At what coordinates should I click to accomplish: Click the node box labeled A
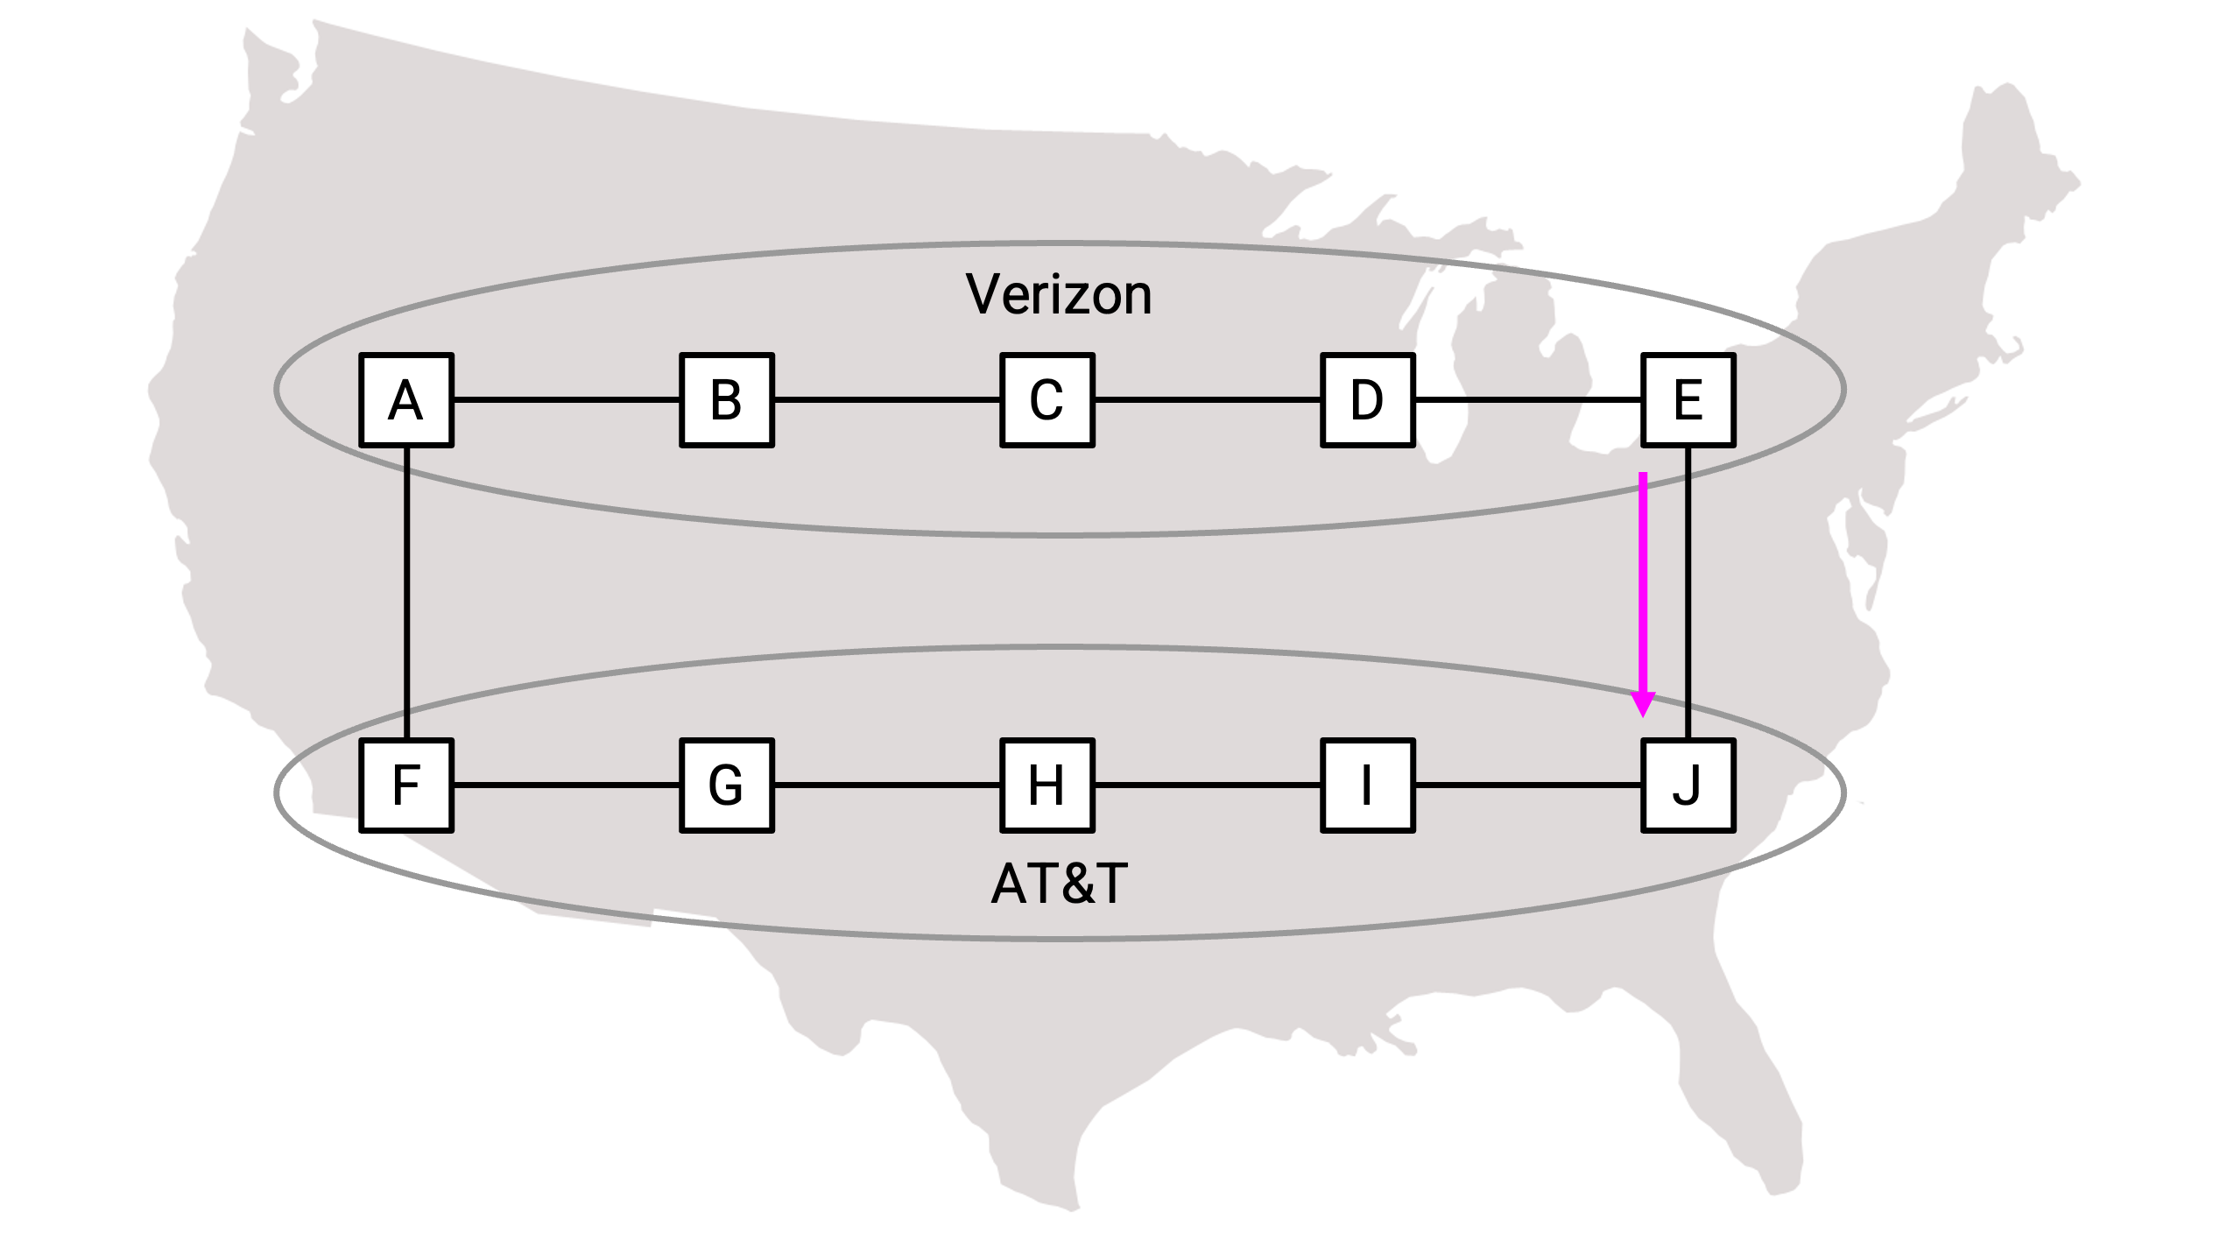click(406, 400)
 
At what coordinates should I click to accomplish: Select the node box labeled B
click(727, 400)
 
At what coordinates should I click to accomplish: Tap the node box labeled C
click(1047, 400)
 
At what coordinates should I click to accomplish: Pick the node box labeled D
click(1368, 400)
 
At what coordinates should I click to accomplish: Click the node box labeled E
click(1688, 400)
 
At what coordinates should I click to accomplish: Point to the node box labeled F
click(406, 786)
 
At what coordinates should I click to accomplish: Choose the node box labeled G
click(727, 786)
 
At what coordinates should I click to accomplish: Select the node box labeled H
click(1047, 786)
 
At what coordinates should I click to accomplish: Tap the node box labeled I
click(1368, 786)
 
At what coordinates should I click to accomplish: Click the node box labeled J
click(1688, 786)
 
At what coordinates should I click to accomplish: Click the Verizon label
click(1059, 294)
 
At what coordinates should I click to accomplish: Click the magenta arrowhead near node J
click(1643, 704)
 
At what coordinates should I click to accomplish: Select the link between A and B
click(567, 400)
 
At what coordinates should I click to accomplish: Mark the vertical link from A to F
click(406, 593)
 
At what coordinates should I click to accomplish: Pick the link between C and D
click(1208, 400)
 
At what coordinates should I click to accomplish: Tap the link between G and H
click(887, 786)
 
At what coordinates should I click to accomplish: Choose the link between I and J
click(1528, 786)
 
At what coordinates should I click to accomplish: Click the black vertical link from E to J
click(1688, 593)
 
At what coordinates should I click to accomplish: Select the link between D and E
click(1528, 400)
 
